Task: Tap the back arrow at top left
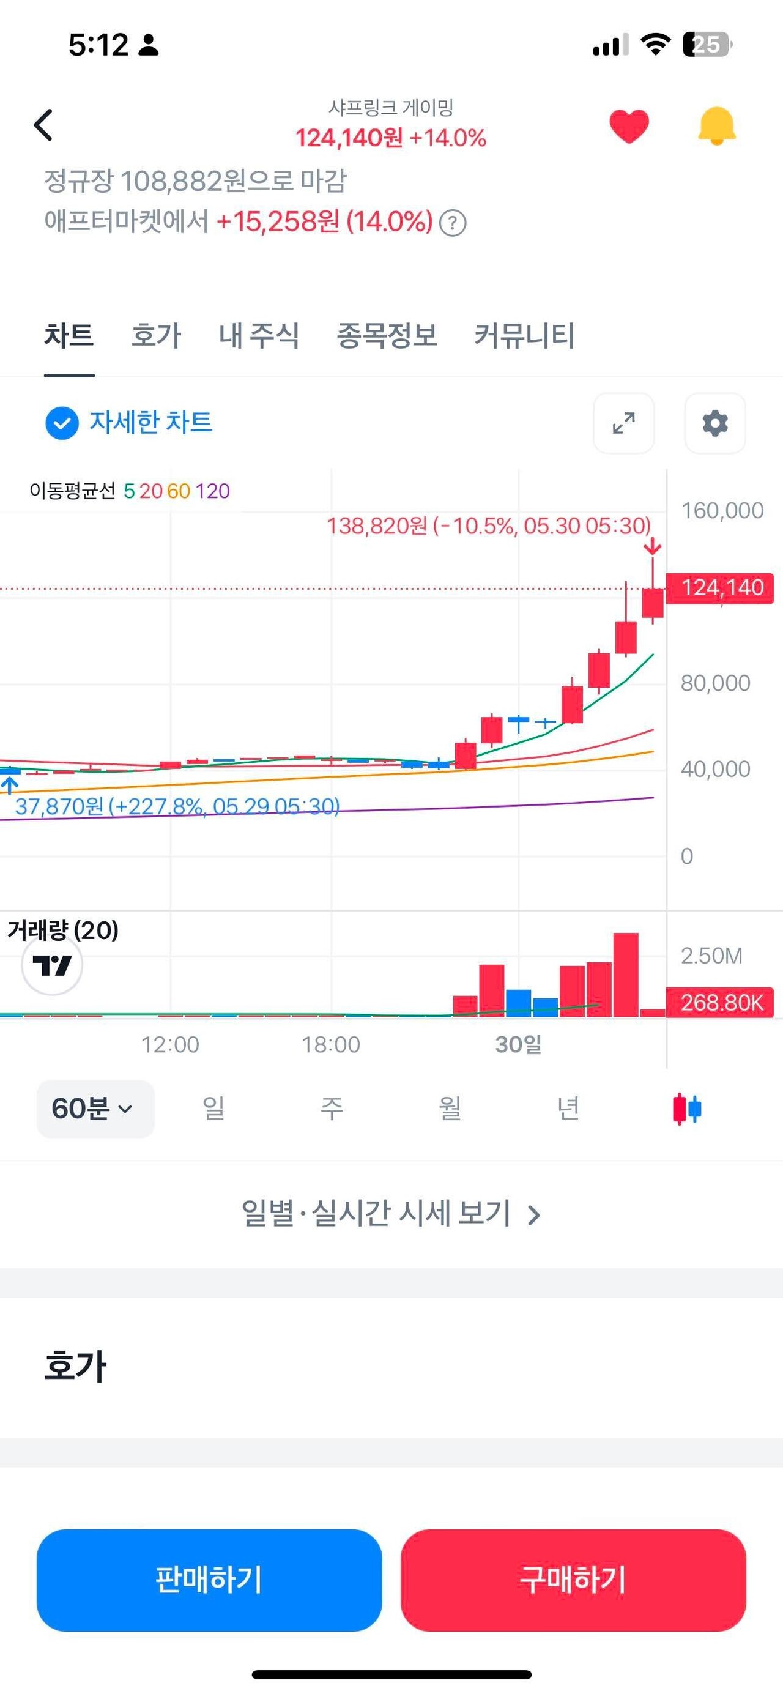43,125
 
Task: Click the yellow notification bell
716,125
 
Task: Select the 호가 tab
156,335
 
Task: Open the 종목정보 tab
387,335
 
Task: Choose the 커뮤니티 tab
524,335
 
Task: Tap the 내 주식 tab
258,335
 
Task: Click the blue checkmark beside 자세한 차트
62,423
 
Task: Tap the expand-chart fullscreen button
623,423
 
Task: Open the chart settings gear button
714,423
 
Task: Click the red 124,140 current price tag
721,587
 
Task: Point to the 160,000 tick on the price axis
722,510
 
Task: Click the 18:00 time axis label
331,1044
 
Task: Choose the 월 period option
450,1109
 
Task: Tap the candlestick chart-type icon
687,1109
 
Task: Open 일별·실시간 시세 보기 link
391,1213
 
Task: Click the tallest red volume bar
625,975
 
